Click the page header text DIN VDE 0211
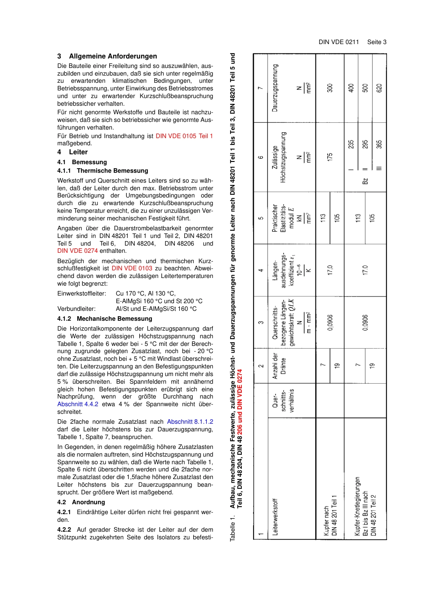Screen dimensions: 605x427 [x=338, y=42]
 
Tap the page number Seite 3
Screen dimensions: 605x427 [x=377, y=42]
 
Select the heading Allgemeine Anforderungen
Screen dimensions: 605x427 [x=113, y=56]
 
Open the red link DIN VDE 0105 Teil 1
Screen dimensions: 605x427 [x=184, y=136]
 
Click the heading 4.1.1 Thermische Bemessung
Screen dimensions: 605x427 [x=102, y=170]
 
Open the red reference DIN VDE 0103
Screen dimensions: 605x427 [x=132, y=268]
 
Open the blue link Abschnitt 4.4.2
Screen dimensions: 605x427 [x=78, y=404]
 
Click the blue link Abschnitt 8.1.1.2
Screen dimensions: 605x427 [x=190, y=421]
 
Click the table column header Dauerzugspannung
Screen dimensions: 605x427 [x=275, y=88]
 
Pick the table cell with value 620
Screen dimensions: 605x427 [x=379, y=88]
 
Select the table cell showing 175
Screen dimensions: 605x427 [x=330, y=157]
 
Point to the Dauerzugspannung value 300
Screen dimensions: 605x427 [x=330, y=88]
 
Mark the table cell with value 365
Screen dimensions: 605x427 [x=379, y=144]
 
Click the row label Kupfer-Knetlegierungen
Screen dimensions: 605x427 [x=358, y=506]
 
